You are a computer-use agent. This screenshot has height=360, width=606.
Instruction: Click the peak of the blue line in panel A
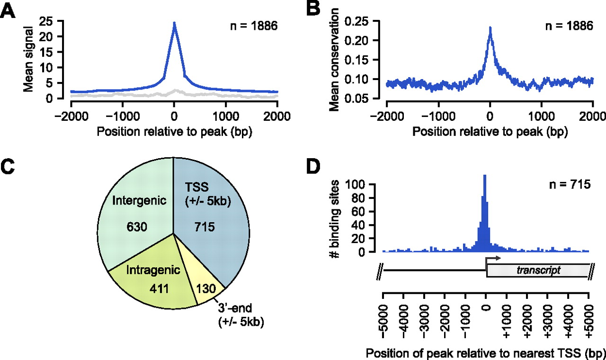point(174,23)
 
